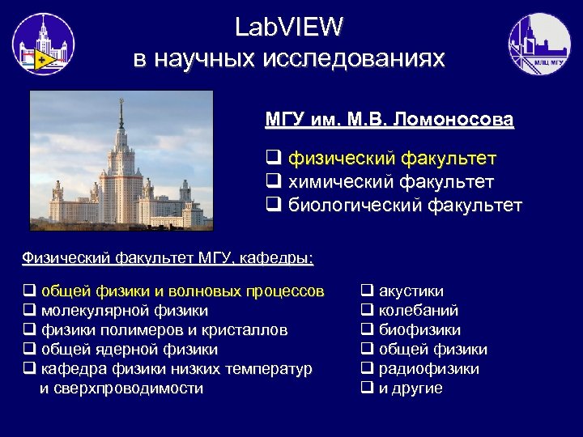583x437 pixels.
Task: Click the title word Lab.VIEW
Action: (x=289, y=28)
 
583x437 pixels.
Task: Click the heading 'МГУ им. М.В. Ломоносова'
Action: (x=389, y=121)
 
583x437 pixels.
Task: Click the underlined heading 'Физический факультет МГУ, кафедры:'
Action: (x=168, y=258)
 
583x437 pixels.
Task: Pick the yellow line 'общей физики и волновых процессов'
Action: (x=182, y=291)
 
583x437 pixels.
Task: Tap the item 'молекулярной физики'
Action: (x=124, y=310)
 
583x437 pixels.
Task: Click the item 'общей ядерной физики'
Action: (x=129, y=349)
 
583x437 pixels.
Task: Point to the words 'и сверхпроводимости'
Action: (x=121, y=388)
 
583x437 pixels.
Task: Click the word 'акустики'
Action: (x=411, y=291)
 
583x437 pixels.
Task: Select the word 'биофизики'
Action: (x=419, y=329)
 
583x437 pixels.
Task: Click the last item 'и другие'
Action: (x=411, y=388)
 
